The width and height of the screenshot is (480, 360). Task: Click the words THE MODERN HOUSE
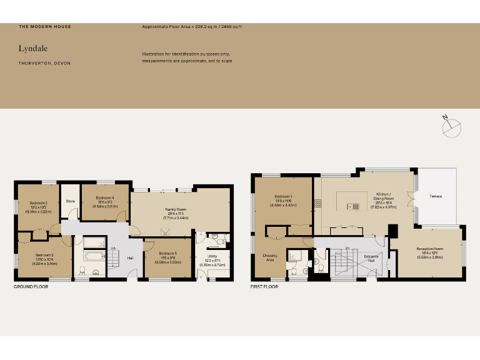coord(44,27)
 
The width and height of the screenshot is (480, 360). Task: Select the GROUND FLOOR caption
coord(31,286)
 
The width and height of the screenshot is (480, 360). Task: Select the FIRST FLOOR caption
coord(264,287)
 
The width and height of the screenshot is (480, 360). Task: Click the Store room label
coord(71,201)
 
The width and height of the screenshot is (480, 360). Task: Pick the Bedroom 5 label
coord(167,252)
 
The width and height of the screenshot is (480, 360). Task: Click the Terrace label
coord(436,196)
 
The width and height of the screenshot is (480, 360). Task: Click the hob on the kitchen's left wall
coord(318,202)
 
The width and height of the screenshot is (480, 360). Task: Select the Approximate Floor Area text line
coord(192,27)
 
